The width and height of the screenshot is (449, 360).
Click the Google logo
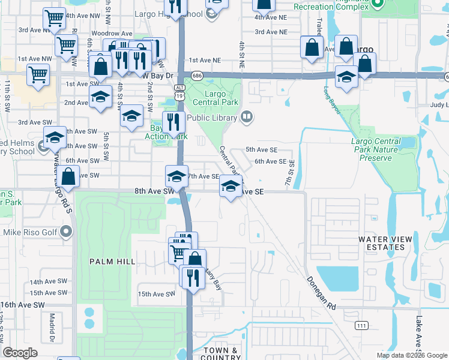(20, 353)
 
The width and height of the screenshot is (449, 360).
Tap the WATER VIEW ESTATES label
(385, 243)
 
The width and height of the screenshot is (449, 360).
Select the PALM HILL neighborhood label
(109, 262)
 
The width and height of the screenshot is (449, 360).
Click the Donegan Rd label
(321, 293)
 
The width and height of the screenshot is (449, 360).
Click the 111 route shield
(361, 325)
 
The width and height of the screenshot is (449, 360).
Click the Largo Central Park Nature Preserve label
(375, 149)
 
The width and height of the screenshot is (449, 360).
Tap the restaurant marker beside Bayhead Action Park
(173, 122)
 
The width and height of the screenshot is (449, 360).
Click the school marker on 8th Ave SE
(231, 187)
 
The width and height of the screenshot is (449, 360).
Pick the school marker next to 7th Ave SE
(176, 176)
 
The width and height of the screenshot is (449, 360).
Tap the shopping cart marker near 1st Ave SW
(38, 76)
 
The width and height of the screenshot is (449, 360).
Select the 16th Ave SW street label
(23, 305)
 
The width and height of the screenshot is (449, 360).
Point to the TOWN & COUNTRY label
(220, 354)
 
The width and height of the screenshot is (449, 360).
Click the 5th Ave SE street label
(262, 149)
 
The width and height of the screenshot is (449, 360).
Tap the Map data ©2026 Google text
(411, 355)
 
